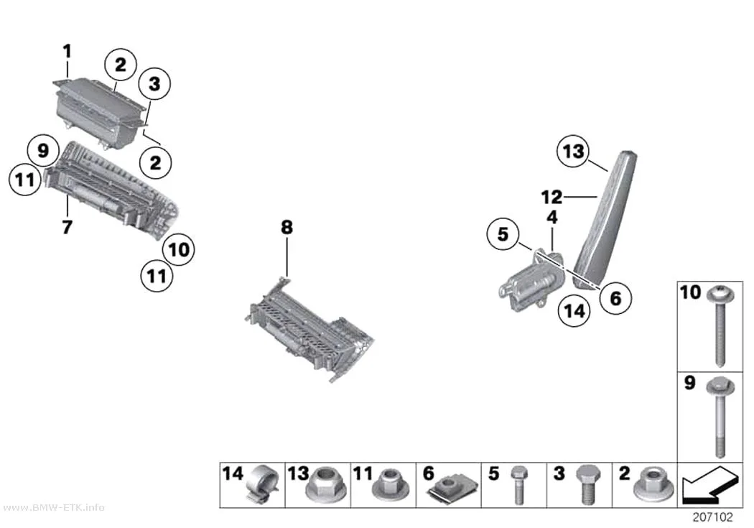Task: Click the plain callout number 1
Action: (68, 51)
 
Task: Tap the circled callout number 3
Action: (154, 83)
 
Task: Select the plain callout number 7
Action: (68, 226)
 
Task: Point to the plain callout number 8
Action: (287, 226)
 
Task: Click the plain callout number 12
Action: (551, 197)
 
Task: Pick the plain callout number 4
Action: (552, 218)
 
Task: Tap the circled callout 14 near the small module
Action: (574, 310)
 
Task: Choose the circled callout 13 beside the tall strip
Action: (573, 152)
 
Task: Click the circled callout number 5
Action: (503, 234)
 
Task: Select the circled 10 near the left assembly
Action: (179, 249)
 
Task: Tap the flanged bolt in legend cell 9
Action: (720, 417)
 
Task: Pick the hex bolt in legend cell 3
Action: (588, 485)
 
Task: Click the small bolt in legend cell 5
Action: (518, 485)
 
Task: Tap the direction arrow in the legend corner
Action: (709, 483)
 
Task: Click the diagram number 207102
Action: (712, 517)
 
